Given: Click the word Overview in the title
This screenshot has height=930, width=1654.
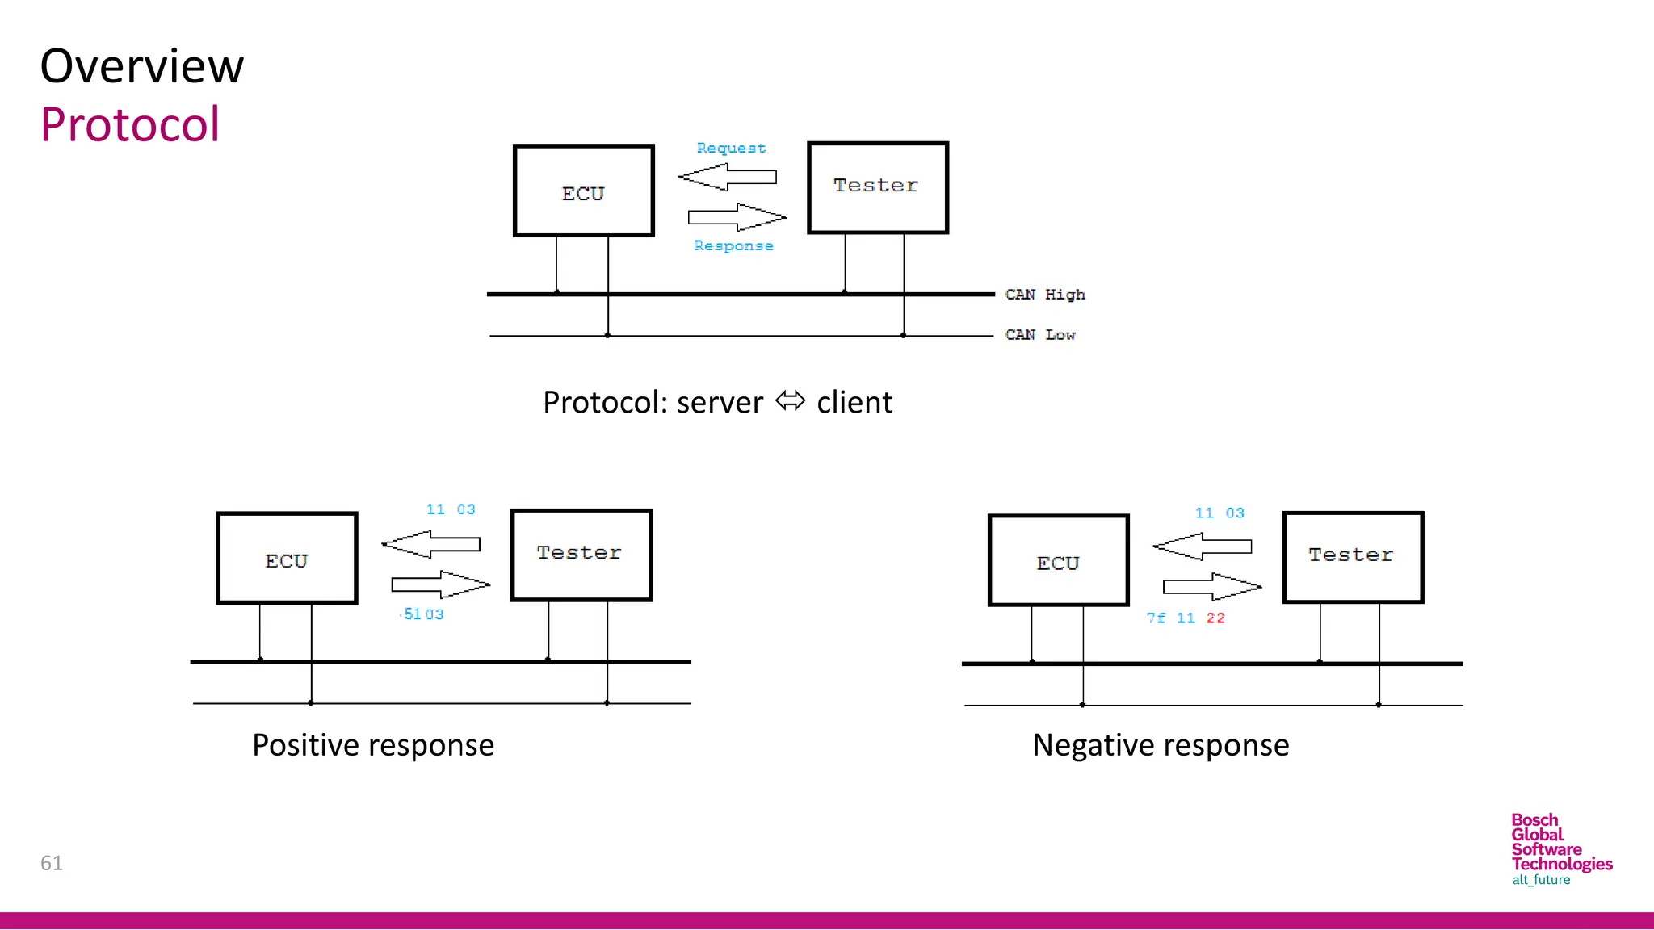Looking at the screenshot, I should pos(142,66).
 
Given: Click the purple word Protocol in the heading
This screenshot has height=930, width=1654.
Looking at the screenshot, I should pos(130,125).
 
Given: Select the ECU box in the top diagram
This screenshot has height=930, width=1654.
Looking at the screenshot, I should pos(583,191).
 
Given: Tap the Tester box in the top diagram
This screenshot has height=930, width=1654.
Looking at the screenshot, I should pos(877,187).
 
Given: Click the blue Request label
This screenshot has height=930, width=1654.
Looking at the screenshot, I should pos(731,149).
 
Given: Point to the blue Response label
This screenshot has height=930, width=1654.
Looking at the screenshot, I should pos(733,245).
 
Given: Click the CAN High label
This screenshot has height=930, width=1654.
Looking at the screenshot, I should pos(1044,295).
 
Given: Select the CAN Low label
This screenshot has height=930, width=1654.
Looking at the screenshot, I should pos(1039,335).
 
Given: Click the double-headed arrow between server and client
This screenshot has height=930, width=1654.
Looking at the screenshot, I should pos(790,401).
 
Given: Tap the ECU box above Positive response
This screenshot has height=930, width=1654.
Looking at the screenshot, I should pos(287,559).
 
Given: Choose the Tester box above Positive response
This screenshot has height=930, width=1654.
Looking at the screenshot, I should pos(581,555).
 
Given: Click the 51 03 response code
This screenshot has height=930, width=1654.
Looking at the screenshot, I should pos(423,614).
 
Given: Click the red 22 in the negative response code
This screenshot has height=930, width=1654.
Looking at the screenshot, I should pos(1215,618).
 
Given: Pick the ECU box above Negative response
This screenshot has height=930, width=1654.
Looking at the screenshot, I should pos(1058,561).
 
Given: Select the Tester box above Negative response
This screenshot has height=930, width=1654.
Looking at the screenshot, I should pos(1353,557).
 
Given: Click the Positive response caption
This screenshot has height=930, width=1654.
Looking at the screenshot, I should pos(373,745).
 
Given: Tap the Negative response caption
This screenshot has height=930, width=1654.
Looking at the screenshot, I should pos(1161,745).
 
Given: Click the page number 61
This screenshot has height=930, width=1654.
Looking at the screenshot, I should pos(52,863).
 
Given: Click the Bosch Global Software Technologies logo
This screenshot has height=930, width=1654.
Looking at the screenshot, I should pos(1560,849).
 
